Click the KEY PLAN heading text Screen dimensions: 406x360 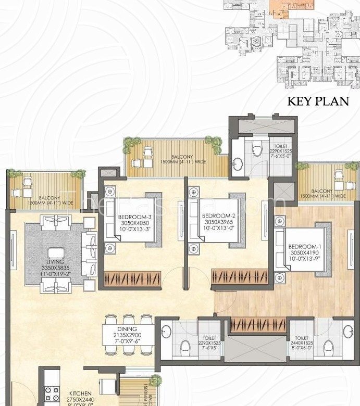(318, 100)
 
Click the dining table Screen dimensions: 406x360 (128, 336)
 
